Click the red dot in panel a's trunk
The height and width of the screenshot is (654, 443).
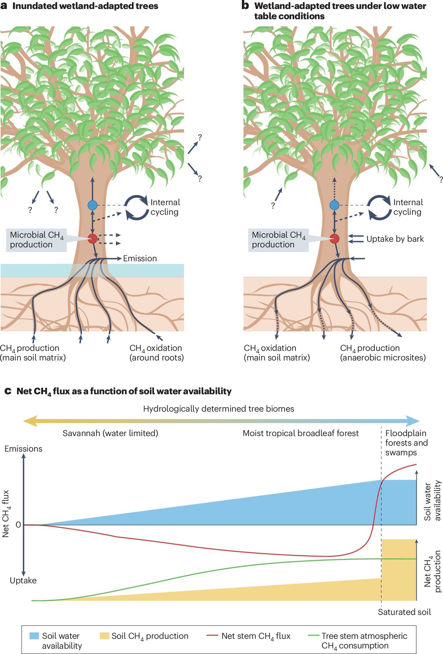[x=92, y=239]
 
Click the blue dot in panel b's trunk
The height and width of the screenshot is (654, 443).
[x=334, y=205]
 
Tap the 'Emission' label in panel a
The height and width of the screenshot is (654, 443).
[x=140, y=259]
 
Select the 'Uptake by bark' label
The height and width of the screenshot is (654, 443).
[x=395, y=239]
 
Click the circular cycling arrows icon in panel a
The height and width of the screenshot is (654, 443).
[x=136, y=208]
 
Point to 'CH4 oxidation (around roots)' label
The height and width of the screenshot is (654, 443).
[x=156, y=353]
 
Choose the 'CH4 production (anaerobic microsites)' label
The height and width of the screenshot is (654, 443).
[x=383, y=353]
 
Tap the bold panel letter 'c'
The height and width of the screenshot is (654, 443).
[x=8, y=391]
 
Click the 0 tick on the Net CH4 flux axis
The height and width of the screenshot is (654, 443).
[x=18, y=525]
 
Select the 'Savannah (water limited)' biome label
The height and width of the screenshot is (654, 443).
[x=110, y=433]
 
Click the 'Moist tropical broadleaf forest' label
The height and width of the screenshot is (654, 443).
[x=300, y=433]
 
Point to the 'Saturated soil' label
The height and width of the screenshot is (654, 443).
[x=404, y=612]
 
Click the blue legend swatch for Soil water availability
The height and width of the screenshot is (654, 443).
[x=34, y=636]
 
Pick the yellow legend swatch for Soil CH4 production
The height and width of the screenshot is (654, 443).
[x=104, y=636]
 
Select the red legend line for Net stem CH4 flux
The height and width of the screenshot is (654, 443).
[x=212, y=636]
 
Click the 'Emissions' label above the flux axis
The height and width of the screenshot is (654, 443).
[x=23, y=449]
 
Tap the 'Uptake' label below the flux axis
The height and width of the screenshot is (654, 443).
[x=23, y=580]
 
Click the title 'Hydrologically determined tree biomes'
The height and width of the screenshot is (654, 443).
[x=218, y=409]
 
